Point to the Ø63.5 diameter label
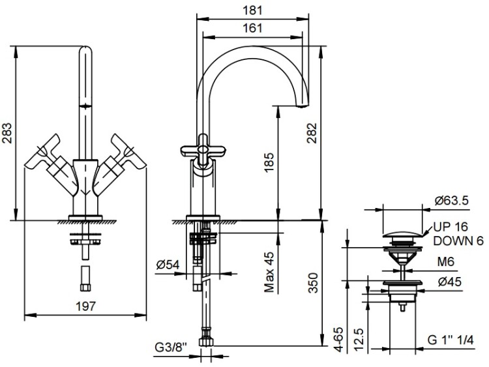pos(451,201)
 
